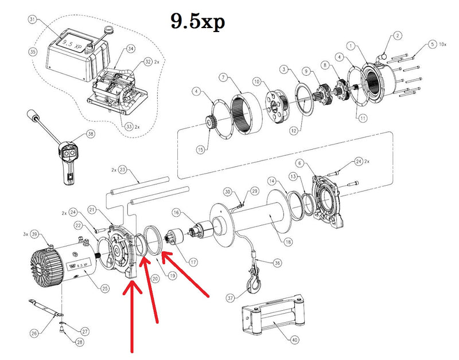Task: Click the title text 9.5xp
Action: coord(197,21)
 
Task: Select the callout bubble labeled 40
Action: coord(294,340)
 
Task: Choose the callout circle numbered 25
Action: coord(104,288)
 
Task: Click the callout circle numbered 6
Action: coord(314,164)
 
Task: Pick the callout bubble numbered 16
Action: coord(177,213)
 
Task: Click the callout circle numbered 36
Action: coord(277,263)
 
